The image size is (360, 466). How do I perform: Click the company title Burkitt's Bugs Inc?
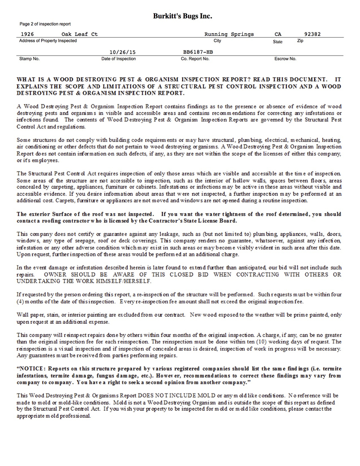(x=183, y=16)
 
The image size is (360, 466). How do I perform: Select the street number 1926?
(x=28, y=35)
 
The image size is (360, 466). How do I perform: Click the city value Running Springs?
(x=229, y=35)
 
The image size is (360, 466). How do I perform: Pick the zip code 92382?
(x=312, y=35)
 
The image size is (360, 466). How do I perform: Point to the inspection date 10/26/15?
(x=119, y=52)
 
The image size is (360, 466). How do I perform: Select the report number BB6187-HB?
(x=198, y=52)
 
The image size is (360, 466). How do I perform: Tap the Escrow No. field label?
(x=285, y=59)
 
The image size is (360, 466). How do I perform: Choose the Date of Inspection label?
(x=119, y=59)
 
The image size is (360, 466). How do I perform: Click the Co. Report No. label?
(x=195, y=59)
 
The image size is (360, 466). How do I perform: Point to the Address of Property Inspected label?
(x=48, y=41)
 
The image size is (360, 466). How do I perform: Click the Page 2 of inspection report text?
(x=45, y=24)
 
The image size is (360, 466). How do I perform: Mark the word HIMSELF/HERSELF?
(x=128, y=281)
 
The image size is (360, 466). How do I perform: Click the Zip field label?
(x=301, y=41)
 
